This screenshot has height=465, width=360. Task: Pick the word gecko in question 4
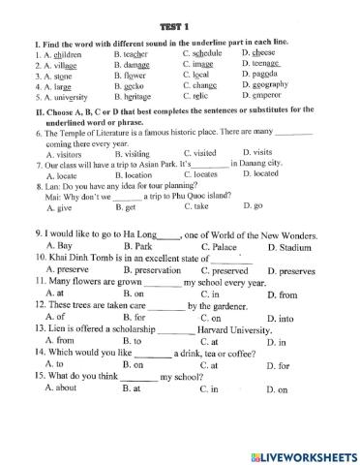(142, 85)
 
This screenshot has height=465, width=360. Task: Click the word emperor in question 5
(264, 97)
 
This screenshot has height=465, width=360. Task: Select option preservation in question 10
(154, 271)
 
